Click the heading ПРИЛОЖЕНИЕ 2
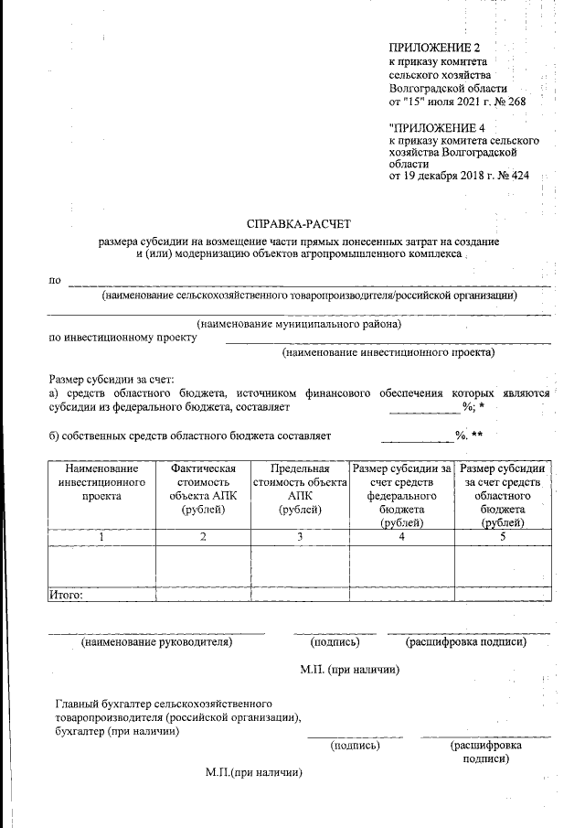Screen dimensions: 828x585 click(434, 47)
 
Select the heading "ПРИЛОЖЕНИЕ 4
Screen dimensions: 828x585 click(436, 127)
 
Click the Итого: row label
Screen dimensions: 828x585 click(66, 595)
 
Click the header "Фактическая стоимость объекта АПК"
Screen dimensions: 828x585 click(203, 489)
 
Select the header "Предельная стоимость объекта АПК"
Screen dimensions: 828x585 click(300, 489)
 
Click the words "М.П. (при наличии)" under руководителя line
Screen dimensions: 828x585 click(352, 670)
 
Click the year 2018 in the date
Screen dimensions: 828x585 click(468, 175)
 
